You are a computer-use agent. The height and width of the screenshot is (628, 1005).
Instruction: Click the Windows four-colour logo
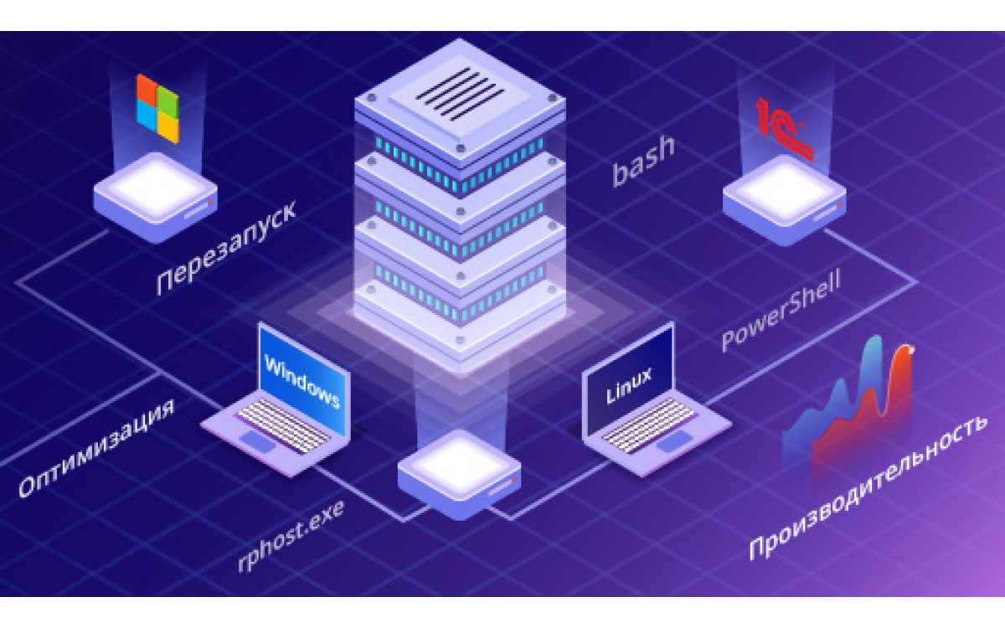click(158, 108)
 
